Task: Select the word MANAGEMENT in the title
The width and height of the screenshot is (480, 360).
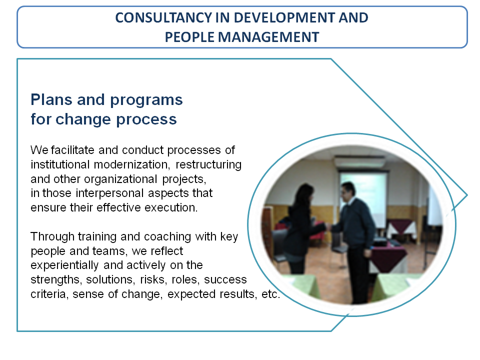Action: (x=268, y=37)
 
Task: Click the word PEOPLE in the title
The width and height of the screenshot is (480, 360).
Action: (x=189, y=37)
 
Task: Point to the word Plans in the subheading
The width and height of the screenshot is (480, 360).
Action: (x=51, y=100)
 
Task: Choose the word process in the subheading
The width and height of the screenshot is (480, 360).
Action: (x=146, y=120)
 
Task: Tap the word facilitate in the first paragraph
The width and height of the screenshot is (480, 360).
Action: (x=72, y=150)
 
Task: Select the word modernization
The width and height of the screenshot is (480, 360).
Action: (x=131, y=164)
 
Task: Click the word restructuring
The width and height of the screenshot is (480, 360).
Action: (x=208, y=165)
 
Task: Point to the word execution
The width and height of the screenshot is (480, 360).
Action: (x=171, y=207)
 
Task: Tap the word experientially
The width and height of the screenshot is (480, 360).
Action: (x=64, y=265)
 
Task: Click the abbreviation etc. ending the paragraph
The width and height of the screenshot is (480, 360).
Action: (x=270, y=294)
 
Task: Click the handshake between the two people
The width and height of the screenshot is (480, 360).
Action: (x=328, y=227)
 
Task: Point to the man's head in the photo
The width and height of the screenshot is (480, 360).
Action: (x=348, y=191)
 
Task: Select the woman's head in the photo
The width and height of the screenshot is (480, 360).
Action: (x=304, y=194)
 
